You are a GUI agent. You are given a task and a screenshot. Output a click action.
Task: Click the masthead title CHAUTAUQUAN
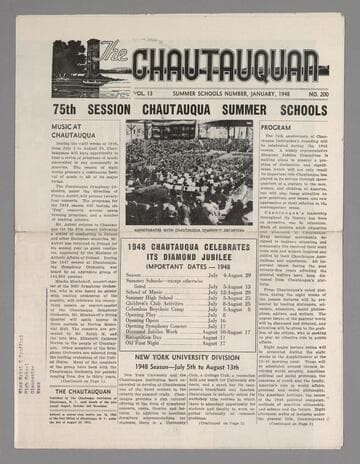point(229,66)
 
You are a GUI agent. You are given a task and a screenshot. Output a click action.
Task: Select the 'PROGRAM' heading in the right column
point(277,128)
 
